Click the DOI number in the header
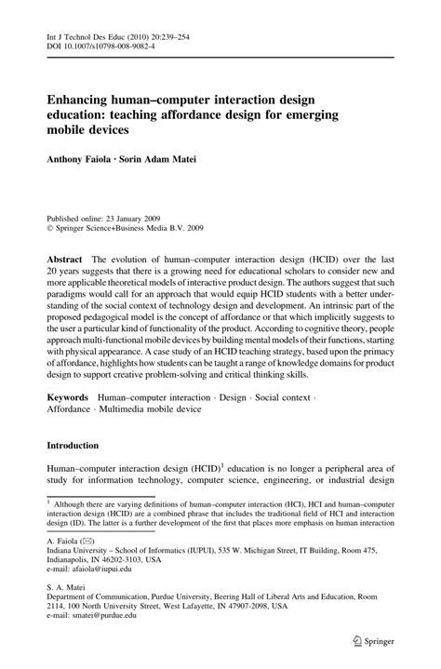pos(113,48)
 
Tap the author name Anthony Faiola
pos(87,160)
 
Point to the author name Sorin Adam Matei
pos(177,160)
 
